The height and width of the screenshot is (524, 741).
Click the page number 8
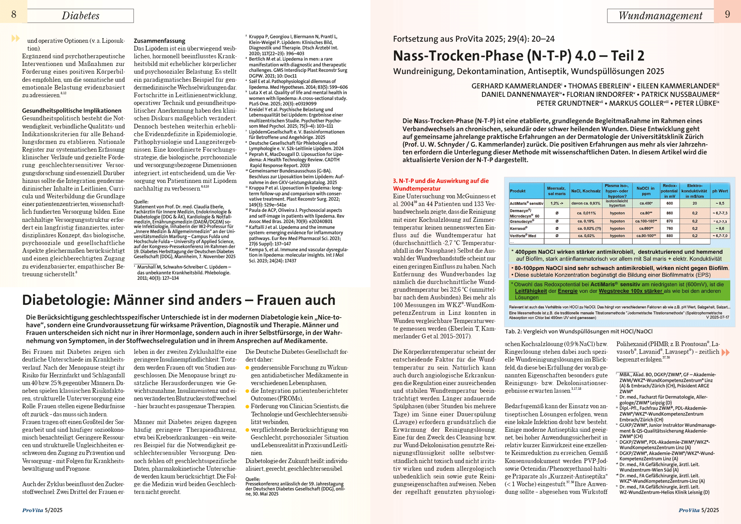click(14, 14)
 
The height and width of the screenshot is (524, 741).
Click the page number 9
click(727, 14)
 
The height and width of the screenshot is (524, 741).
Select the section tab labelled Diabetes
click(80, 16)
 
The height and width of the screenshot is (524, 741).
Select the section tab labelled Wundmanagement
click(660, 16)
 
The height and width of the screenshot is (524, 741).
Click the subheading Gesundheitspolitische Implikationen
click(72, 111)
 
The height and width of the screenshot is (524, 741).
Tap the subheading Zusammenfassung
click(159, 41)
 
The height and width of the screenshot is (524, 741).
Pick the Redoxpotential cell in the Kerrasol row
click(670, 228)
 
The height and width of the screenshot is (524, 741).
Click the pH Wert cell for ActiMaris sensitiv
click(720, 203)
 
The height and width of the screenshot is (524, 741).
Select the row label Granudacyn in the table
click(522, 221)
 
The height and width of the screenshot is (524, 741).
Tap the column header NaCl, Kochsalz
click(585, 191)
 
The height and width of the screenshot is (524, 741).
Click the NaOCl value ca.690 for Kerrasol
click(646, 228)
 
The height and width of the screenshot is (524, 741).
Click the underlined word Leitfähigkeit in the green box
click(531, 291)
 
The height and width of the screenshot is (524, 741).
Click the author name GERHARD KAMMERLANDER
click(516, 86)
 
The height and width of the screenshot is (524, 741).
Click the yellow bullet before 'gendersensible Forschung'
click(247, 368)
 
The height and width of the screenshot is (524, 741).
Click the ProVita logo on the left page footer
click(33, 510)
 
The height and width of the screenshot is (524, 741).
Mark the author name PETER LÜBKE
click(695, 103)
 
